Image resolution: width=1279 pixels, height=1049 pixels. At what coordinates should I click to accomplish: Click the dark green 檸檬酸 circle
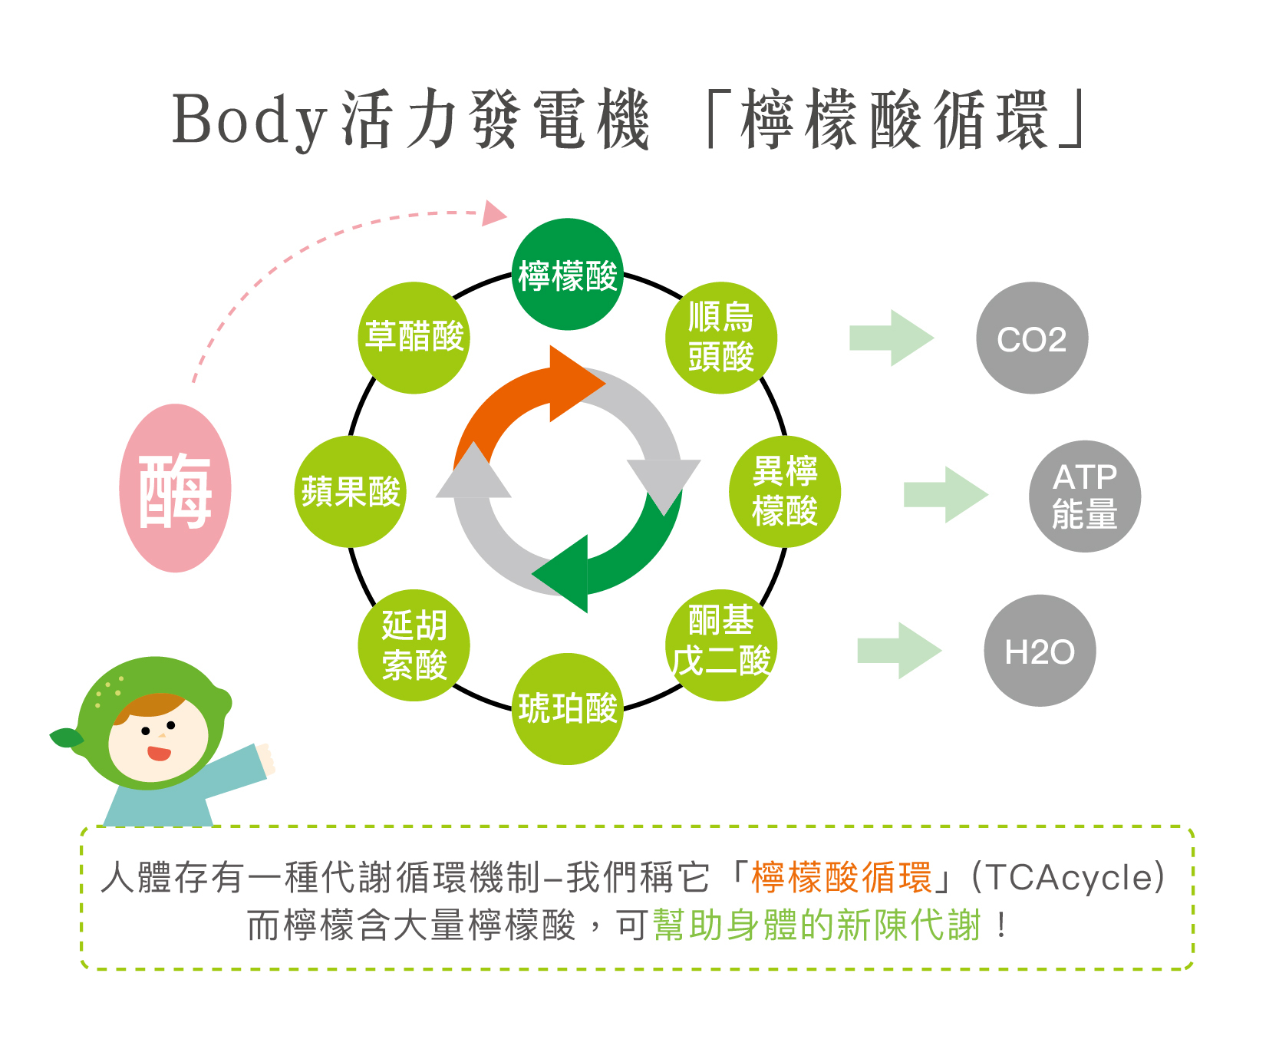pyautogui.click(x=567, y=275)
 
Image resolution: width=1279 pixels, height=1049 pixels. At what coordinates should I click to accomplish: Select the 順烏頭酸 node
pyautogui.click(x=720, y=338)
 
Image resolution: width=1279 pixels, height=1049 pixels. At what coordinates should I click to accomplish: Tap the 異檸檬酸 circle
pyautogui.click(x=784, y=491)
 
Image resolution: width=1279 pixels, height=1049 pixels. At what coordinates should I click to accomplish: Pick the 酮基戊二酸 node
pyautogui.click(x=720, y=645)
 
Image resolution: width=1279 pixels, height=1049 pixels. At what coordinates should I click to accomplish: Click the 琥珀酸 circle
pyautogui.click(x=567, y=708)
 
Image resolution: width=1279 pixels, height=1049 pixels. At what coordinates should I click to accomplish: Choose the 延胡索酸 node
pyautogui.click(x=414, y=645)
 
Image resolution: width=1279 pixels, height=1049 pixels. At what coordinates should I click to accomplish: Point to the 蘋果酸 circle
pyautogui.click(x=351, y=491)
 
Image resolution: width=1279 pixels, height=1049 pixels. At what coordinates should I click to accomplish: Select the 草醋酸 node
pyautogui.click(x=414, y=338)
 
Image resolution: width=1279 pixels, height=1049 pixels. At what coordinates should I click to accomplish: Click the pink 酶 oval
pyautogui.click(x=176, y=488)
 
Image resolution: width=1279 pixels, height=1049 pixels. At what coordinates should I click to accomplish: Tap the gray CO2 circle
pyautogui.click(x=1032, y=338)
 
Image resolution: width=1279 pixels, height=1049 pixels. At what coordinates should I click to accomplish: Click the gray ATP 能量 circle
pyautogui.click(x=1084, y=496)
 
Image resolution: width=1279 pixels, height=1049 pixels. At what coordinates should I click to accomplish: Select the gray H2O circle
pyautogui.click(x=1040, y=651)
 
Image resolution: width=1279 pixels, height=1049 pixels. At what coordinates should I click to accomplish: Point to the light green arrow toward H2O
pyautogui.click(x=898, y=651)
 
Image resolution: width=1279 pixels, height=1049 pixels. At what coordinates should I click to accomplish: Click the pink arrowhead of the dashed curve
pyautogui.click(x=493, y=214)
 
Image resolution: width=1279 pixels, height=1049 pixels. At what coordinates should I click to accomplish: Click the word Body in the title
pyautogui.click(x=249, y=120)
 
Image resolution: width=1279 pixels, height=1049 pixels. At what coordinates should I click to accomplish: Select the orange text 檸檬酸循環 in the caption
pyautogui.click(x=841, y=877)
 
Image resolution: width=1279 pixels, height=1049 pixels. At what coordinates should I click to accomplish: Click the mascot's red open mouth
pyautogui.click(x=159, y=753)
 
